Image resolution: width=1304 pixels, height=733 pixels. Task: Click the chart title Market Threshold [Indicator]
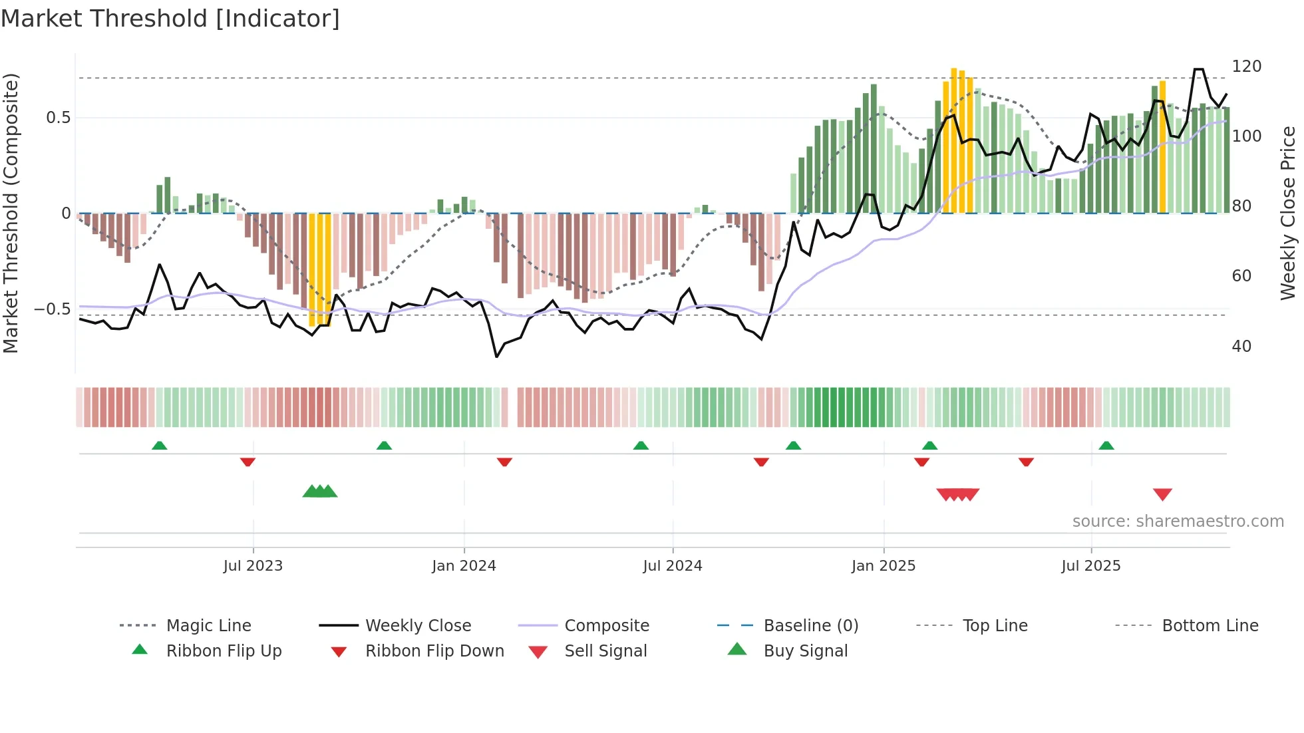coord(170,19)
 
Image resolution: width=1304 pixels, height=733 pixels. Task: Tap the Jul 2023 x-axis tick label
coord(253,566)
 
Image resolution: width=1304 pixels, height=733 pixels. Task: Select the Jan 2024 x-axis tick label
coord(464,566)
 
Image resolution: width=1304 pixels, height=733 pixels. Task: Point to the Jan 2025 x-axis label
coord(884,566)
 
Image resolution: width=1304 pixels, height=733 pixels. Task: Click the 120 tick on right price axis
coord(1246,67)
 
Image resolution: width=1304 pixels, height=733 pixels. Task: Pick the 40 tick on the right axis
coord(1241,347)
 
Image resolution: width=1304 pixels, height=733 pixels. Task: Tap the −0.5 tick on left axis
coord(52,309)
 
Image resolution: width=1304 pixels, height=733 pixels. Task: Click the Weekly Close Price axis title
coord(1288,213)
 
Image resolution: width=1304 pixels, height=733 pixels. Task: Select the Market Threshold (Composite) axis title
coord(11,213)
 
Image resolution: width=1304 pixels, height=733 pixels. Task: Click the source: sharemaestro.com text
coord(1178,521)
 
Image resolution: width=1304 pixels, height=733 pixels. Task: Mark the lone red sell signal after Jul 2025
coord(1162,494)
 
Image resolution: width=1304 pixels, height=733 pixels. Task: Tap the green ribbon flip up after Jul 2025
coord(1106,446)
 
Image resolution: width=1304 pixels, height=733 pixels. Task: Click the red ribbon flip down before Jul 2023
coord(247,462)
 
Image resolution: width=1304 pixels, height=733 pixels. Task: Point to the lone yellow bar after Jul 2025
coord(1162,146)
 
